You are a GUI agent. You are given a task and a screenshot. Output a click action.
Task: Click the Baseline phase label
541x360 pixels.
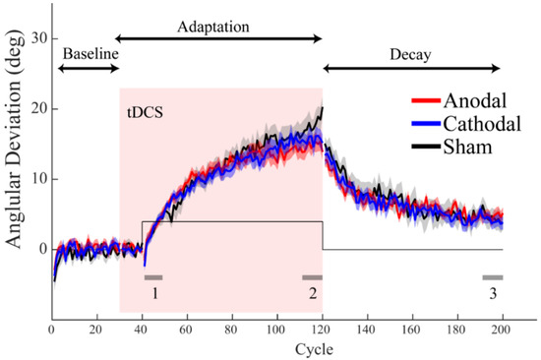click(x=89, y=52)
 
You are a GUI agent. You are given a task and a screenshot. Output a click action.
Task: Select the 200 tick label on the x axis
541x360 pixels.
click(x=502, y=331)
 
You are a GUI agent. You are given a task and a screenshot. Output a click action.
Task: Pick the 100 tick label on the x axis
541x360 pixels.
click(x=276, y=331)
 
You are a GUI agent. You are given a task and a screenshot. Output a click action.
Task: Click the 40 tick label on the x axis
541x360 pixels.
click(x=142, y=331)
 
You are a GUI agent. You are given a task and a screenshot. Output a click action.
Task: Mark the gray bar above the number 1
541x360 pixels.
click(x=153, y=278)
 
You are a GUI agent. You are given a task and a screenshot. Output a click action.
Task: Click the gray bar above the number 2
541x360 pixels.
click(x=312, y=278)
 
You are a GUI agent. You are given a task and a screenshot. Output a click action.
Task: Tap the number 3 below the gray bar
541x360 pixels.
click(x=492, y=293)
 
